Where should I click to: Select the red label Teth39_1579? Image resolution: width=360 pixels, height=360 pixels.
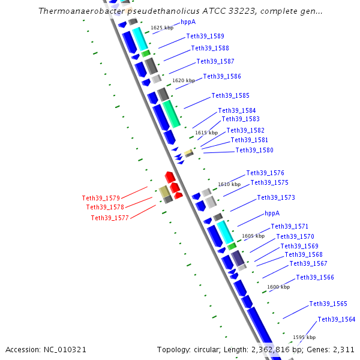point(101,198)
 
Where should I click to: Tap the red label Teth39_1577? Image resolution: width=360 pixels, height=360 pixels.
point(110,218)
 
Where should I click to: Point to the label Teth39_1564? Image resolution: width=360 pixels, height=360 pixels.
point(337,319)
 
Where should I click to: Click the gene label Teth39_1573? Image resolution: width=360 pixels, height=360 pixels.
point(276,197)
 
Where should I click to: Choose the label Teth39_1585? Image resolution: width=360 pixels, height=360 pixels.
point(230,95)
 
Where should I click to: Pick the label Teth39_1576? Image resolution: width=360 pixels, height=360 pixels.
point(265,173)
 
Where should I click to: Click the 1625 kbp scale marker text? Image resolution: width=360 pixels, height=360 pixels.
point(161,28)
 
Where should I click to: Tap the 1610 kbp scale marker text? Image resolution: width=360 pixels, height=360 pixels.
point(229,185)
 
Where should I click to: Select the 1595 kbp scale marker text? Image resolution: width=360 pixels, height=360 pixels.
point(304,337)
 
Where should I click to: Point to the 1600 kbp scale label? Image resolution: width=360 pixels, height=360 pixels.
point(278,287)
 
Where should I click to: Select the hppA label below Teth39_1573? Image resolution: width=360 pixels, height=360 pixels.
point(272,213)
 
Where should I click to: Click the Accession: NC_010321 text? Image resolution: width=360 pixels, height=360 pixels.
point(46,349)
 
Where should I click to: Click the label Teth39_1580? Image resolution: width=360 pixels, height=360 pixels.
point(254,150)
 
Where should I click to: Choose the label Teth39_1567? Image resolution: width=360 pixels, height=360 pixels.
point(308,263)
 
